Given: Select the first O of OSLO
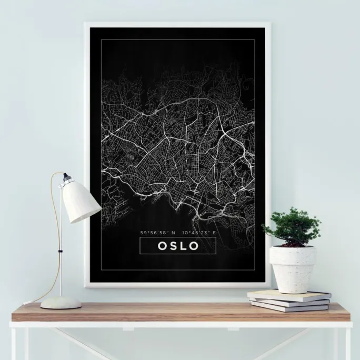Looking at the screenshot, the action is coord(159,246).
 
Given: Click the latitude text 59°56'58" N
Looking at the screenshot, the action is coord(157,233).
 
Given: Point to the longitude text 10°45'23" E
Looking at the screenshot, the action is coord(199,233).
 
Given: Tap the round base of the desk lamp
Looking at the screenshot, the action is coord(61,303).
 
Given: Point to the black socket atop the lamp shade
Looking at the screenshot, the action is coord(66,178).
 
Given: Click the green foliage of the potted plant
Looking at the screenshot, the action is coord(292,225).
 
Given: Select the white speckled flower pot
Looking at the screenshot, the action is coord(293,268).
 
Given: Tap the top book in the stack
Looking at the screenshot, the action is coord(289,295).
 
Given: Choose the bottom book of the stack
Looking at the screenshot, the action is coord(290,307).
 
